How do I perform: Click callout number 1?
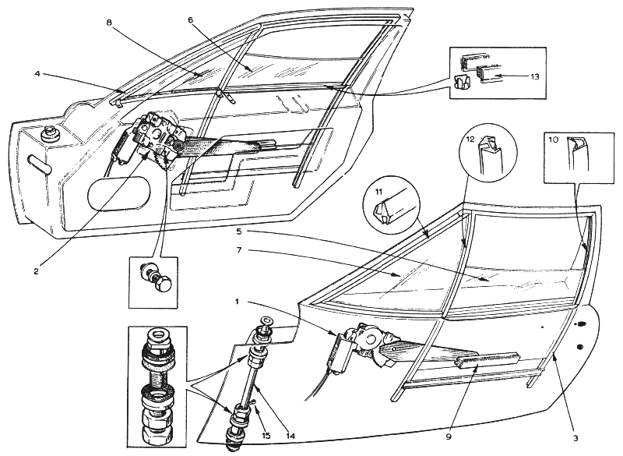[237, 302]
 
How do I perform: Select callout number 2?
[36, 271]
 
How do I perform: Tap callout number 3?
[575, 439]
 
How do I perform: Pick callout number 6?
[191, 20]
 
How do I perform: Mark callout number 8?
[110, 23]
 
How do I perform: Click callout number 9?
[449, 437]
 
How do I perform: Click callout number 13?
[535, 76]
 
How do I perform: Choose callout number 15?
[266, 435]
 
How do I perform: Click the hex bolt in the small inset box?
[162, 285]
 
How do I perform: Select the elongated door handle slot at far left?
[39, 166]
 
